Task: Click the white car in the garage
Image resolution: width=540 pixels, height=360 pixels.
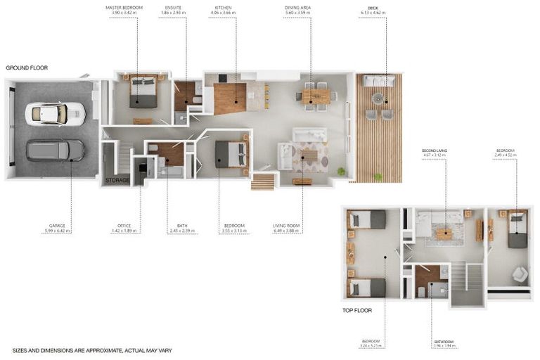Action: coord(55,113)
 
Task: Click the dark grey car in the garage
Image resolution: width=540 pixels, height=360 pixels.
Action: coord(55,150)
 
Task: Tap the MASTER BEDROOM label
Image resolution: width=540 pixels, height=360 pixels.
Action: coord(124,7)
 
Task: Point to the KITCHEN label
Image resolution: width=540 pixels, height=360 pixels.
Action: coord(223,7)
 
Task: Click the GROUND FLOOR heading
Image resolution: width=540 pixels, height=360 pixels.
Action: coord(27,67)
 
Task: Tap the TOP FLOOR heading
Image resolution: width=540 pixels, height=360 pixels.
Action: coord(357,310)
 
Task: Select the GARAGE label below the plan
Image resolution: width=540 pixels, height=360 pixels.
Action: coord(57,226)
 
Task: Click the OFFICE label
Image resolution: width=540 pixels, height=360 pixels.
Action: coord(124,226)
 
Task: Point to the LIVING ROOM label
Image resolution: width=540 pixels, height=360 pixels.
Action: coord(287,226)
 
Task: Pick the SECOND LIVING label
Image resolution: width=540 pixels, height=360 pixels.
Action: coord(434,150)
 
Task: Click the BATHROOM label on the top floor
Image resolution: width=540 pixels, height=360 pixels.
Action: coord(444,342)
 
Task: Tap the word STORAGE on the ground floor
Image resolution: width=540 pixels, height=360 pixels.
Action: coord(117,181)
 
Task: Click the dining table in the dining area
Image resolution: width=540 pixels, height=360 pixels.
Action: coord(316,97)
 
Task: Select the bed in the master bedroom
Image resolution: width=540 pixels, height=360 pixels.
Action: coord(143,92)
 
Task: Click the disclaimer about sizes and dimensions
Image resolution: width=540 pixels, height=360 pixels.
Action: coord(92,350)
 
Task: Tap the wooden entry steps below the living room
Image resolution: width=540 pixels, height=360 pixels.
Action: coord(262,181)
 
